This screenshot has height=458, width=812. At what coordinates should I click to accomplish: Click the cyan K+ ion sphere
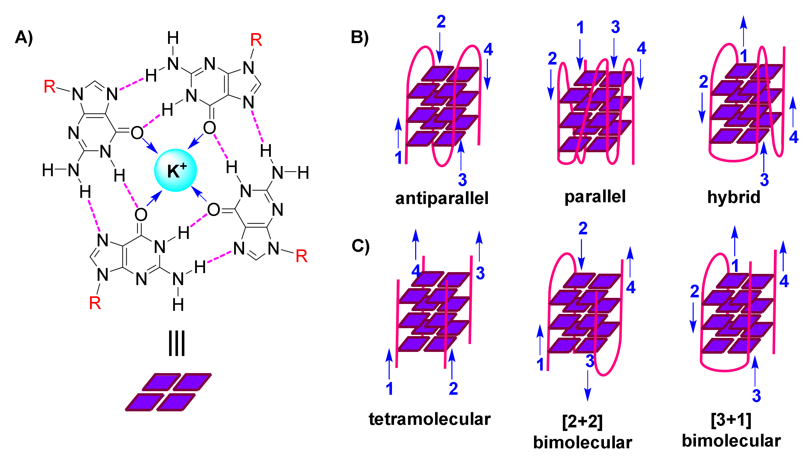(x=175, y=170)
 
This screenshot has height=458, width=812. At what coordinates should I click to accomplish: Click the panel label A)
(x=24, y=37)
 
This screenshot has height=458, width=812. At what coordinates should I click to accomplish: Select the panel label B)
(x=360, y=37)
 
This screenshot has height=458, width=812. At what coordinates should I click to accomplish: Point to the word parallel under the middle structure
(x=595, y=197)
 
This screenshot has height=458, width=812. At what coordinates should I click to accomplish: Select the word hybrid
(x=733, y=197)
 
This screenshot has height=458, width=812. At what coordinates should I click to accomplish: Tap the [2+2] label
(x=582, y=422)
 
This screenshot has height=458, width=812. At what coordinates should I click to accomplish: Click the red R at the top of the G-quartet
(x=256, y=40)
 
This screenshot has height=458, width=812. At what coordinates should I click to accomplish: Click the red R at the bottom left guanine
(x=95, y=303)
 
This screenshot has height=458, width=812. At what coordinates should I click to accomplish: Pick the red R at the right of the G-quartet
(x=301, y=256)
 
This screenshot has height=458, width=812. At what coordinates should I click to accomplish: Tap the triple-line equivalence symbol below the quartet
(x=176, y=344)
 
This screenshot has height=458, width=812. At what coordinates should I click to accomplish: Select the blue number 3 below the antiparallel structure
(x=462, y=180)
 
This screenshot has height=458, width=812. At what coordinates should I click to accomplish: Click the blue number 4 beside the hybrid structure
(x=793, y=137)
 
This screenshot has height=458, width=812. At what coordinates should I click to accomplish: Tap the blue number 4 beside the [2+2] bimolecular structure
(x=630, y=287)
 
